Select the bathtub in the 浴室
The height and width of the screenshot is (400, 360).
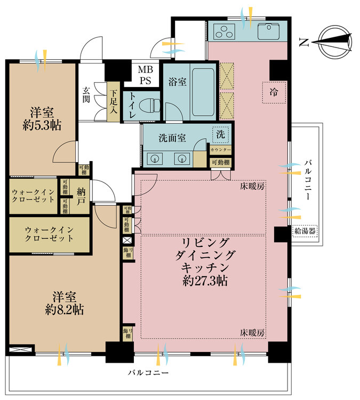point(202,92)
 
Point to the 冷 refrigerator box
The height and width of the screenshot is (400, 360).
point(274,92)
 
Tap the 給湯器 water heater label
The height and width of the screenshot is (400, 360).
point(305,231)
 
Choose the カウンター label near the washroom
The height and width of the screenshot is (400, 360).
point(220,151)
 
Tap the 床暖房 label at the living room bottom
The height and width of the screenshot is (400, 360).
point(253,332)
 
